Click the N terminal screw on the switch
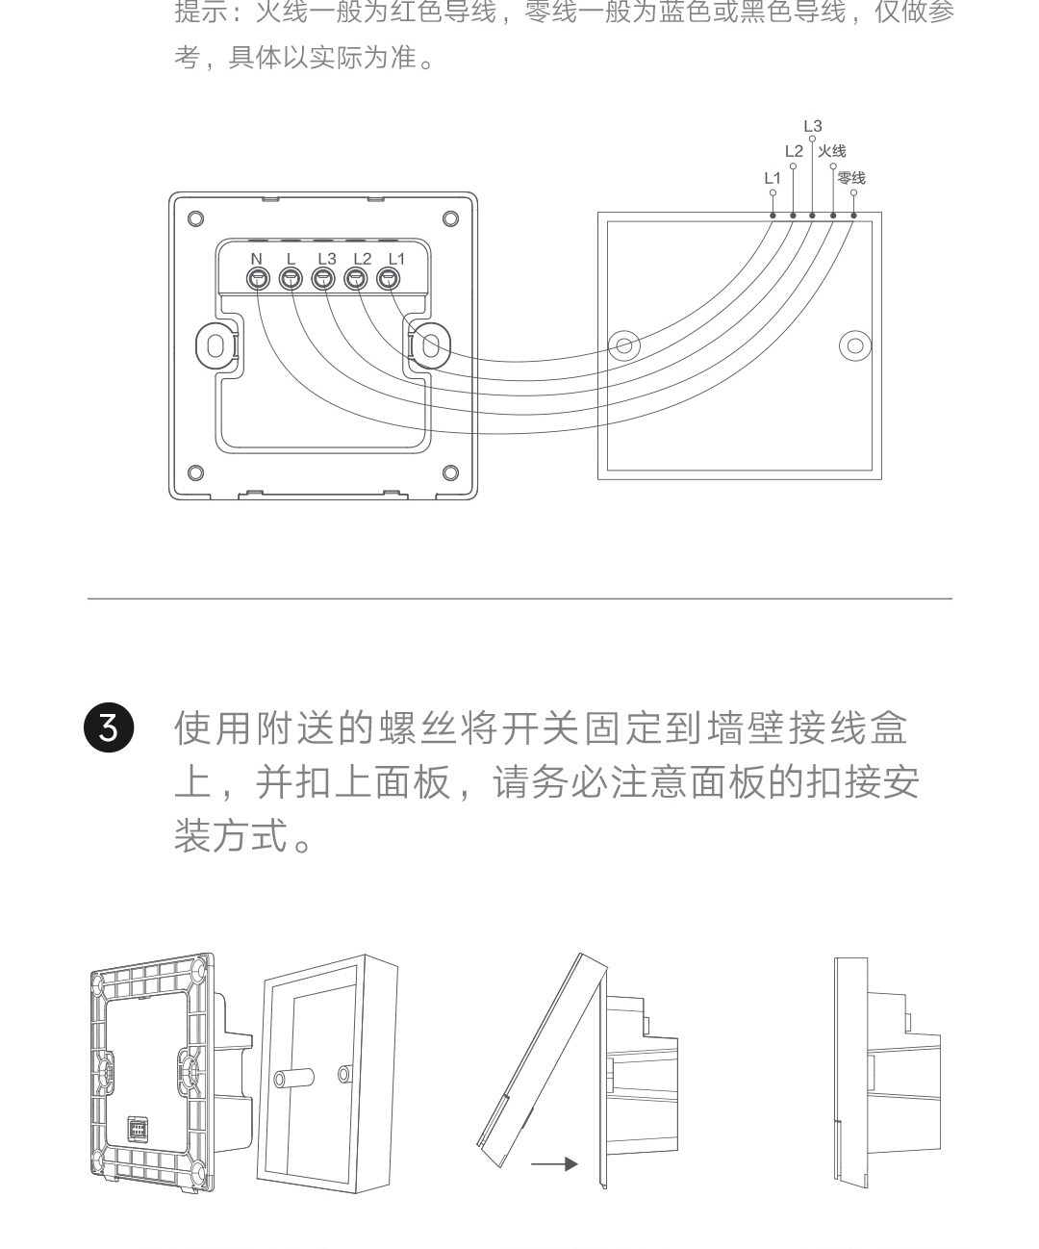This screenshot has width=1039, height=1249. pos(258,279)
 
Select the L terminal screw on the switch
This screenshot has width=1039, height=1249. pos(291,279)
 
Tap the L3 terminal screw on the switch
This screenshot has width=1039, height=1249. pos(323,279)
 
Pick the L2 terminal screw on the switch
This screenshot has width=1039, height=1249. pos(356,279)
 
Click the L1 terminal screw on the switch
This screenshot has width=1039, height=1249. pos(389,279)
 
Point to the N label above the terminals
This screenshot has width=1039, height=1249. pos(256,258)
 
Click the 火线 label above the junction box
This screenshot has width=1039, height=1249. pos(832,151)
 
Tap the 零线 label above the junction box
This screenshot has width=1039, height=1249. pos(851,178)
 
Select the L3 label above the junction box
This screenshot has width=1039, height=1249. pos(813,126)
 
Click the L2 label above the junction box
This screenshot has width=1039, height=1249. pos(793,151)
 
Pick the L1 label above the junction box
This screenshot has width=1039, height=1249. pos(773,178)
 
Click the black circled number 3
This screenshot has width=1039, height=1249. pos(109,728)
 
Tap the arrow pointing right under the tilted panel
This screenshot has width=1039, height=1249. pos(555,1164)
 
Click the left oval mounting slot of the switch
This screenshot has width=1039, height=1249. pos(216,345)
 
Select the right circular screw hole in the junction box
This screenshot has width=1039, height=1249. pos(854,345)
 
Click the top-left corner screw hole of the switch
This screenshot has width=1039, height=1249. pos(195,218)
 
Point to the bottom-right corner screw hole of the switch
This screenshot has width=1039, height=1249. pos(450,472)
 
